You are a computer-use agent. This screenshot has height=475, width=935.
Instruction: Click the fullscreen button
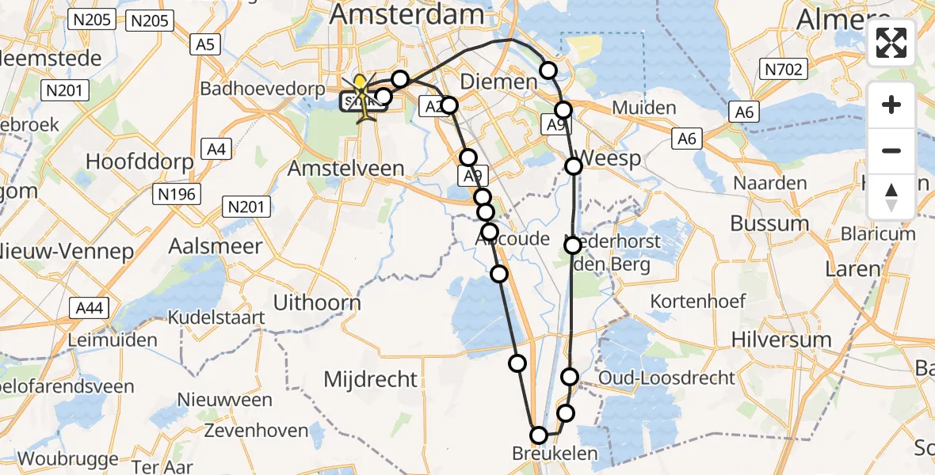click(891, 43)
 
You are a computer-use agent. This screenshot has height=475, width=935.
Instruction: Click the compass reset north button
click(891, 197)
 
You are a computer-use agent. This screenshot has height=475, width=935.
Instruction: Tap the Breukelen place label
click(555, 454)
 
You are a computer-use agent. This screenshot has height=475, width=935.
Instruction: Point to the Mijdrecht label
click(370, 379)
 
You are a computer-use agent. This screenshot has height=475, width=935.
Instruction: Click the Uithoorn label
click(316, 302)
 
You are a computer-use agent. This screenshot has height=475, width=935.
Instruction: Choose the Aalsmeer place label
click(215, 245)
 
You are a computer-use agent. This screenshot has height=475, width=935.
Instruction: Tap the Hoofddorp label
click(139, 162)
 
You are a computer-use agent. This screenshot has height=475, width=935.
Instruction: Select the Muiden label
click(645, 108)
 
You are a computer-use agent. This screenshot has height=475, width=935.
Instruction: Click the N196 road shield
click(178, 194)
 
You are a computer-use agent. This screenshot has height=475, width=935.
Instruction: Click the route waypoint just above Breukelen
click(539, 435)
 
